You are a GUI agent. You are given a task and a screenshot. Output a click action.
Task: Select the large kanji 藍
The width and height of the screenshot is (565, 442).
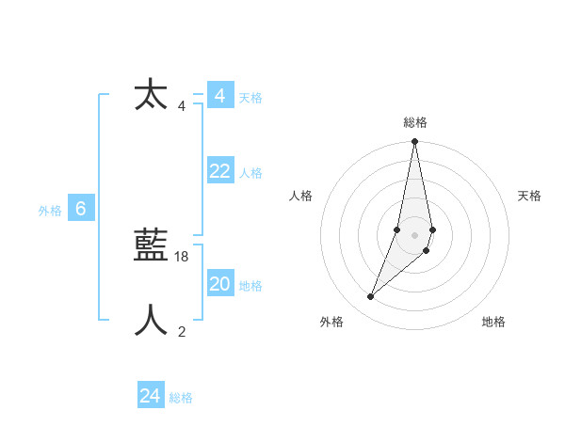coord(151,246)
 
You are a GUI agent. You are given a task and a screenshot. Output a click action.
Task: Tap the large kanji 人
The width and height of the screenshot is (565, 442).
coord(151,321)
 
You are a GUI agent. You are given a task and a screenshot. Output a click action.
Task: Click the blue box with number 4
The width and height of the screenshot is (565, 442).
coord(219,96)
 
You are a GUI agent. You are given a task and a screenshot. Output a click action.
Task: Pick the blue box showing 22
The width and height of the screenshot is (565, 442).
coord(219,171)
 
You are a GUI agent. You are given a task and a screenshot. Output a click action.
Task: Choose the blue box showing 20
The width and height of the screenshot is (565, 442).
coord(219,284)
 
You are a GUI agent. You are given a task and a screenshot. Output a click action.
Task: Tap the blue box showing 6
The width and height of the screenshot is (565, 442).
coord(81,210)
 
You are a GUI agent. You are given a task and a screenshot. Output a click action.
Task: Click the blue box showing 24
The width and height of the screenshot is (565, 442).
coord(151,396)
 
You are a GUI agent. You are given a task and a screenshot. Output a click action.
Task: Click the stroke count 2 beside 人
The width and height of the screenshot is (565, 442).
coord(182,331)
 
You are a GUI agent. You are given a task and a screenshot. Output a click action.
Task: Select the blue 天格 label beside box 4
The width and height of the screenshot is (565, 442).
coord(250,98)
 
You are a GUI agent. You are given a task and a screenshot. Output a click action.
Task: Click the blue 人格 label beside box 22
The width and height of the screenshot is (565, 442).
coord(250,173)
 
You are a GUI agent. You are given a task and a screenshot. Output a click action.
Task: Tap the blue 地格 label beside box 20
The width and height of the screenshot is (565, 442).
coord(250,286)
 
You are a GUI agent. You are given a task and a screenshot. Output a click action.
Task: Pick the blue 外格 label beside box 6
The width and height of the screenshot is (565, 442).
coord(50,212)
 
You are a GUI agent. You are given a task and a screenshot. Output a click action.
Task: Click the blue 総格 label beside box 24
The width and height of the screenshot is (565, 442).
coord(181,398)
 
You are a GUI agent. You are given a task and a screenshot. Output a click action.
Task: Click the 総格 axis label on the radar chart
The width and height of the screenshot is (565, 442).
coord(415,122)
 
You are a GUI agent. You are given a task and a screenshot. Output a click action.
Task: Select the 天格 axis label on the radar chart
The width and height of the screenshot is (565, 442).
coord(529,196)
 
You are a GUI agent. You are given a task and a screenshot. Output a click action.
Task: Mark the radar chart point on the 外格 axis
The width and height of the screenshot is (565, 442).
coord(370,297)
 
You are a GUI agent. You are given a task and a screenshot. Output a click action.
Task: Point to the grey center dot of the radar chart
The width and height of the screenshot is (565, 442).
coord(415,235)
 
